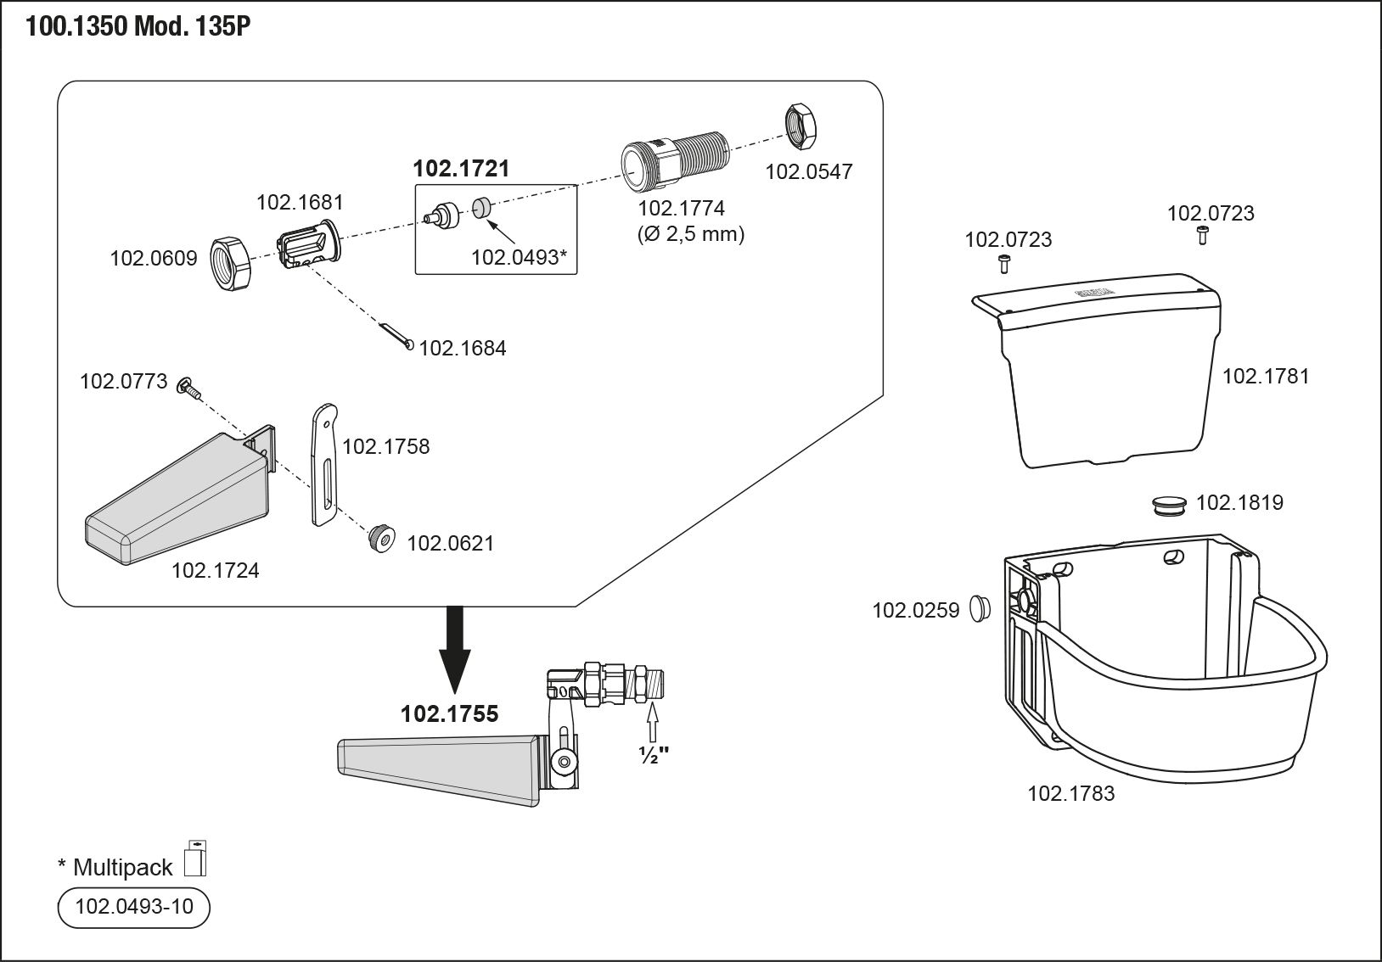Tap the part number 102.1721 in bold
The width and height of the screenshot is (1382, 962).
(x=461, y=168)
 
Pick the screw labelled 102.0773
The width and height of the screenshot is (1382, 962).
(x=188, y=389)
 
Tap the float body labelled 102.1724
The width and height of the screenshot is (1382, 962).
(x=178, y=501)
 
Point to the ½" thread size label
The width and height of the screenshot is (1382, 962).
(x=653, y=754)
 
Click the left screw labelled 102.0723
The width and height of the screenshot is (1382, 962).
(x=1003, y=263)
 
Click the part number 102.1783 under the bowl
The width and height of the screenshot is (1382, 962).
(x=1070, y=793)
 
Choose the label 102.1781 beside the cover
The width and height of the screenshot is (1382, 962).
(x=1265, y=376)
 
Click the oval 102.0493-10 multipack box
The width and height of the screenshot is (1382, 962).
(x=133, y=907)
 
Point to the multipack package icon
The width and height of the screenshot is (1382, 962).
(x=196, y=858)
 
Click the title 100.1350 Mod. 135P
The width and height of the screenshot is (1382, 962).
(x=138, y=26)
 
